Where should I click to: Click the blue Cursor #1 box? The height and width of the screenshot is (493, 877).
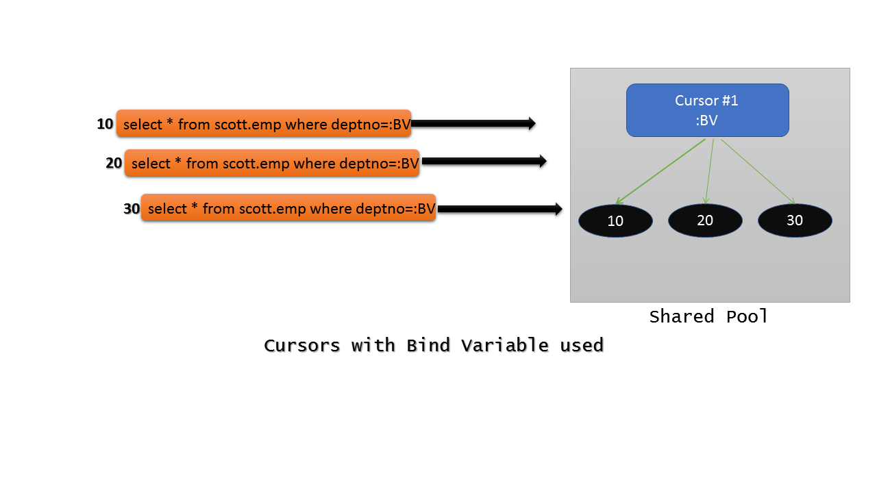click(x=707, y=110)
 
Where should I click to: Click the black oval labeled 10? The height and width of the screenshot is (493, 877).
click(x=615, y=220)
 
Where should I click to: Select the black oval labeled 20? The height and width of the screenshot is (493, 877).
click(x=705, y=220)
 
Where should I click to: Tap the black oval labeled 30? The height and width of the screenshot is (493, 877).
click(x=795, y=220)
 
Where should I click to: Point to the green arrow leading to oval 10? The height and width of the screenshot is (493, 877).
click(x=660, y=172)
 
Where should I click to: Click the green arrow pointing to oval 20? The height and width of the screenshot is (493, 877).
click(x=709, y=172)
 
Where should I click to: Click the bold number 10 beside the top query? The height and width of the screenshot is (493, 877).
click(x=105, y=124)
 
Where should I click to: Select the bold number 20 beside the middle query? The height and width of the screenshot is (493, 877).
click(x=114, y=163)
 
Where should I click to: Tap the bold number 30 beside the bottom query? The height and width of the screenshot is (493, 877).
click(x=132, y=209)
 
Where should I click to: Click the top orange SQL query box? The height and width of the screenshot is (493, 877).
click(x=264, y=123)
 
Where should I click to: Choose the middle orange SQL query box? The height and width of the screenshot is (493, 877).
click(x=272, y=163)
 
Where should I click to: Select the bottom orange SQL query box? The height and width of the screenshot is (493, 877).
click(x=288, y=208)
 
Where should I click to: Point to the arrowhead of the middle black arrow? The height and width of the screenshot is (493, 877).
click(x=542, y=162)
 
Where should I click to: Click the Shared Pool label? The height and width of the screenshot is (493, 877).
click(x=708, y=316)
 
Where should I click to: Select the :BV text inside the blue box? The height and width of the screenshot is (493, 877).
click(x=706, y=121)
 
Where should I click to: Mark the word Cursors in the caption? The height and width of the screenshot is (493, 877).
click(x=302, y=345)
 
